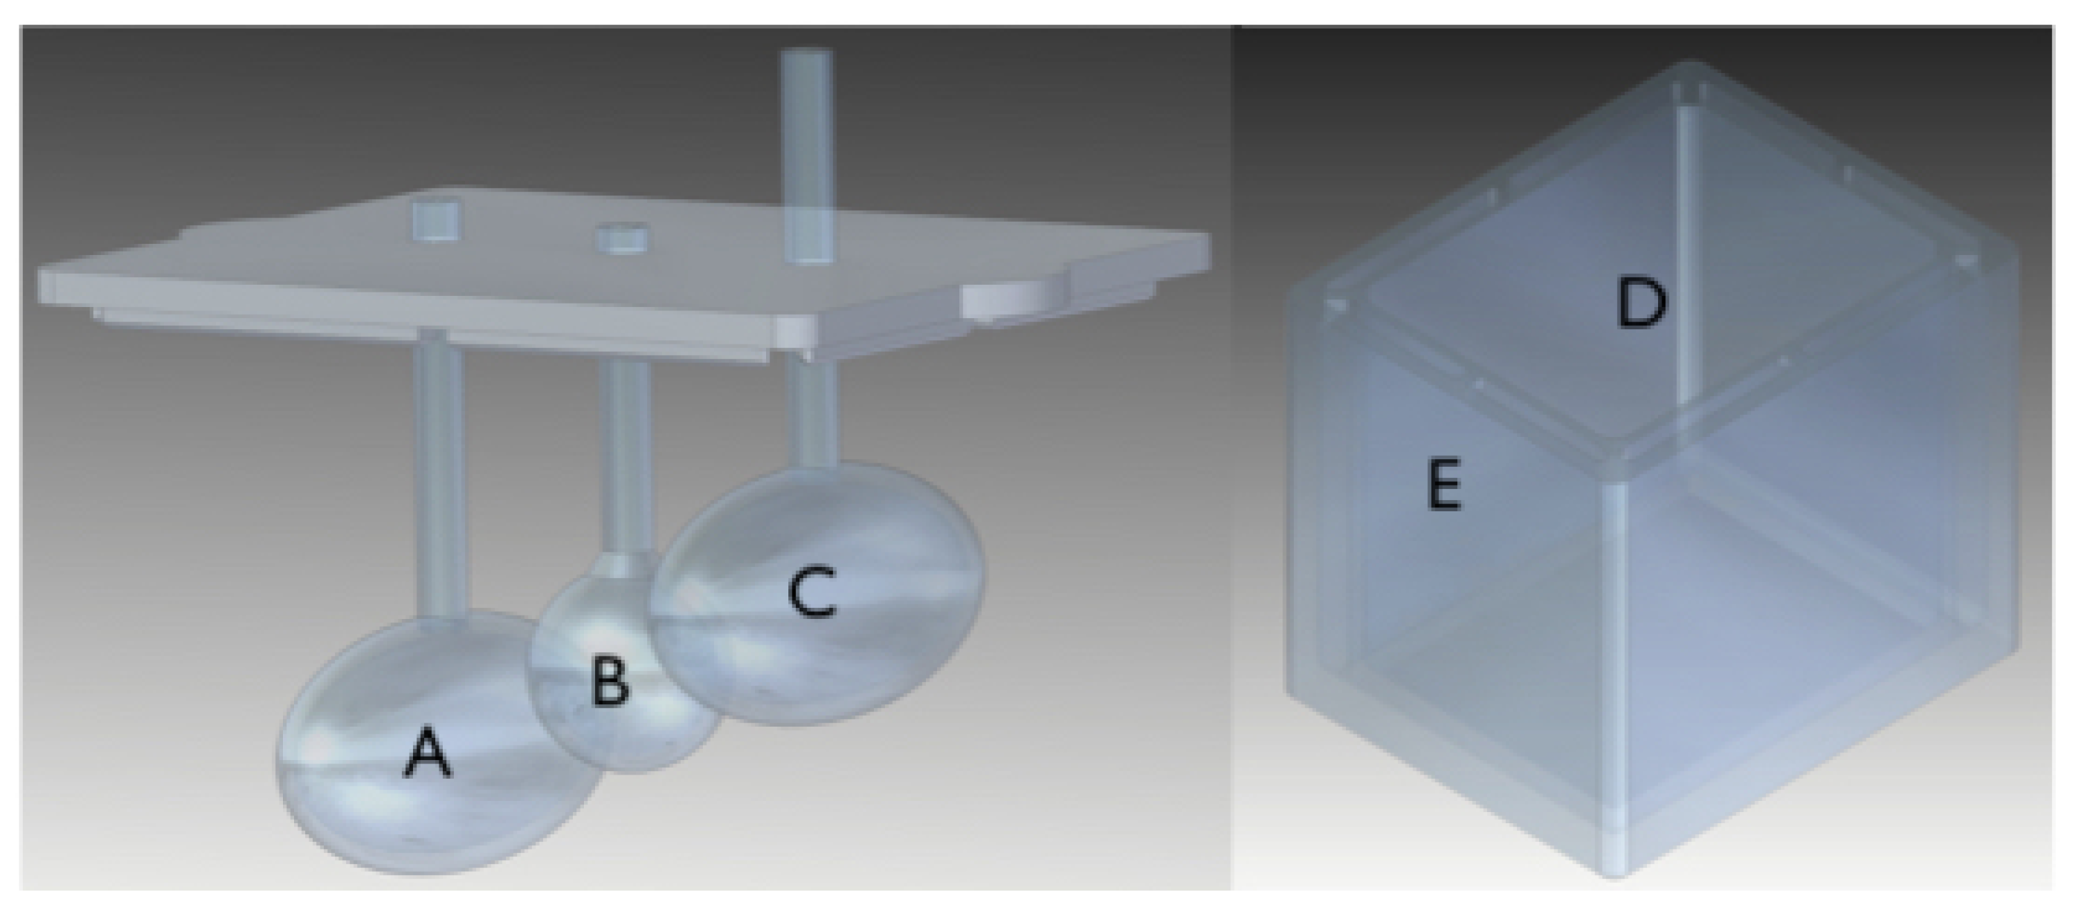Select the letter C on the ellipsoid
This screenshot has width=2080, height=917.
[811, 594]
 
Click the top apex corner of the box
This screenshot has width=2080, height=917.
[1691, 67]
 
